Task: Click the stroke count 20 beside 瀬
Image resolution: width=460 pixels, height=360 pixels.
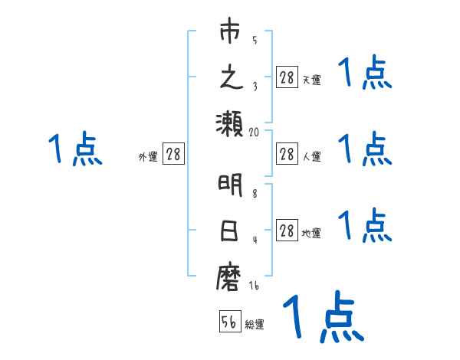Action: [x=255, y=133]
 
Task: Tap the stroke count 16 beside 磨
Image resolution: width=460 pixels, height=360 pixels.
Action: [x=255, y=286]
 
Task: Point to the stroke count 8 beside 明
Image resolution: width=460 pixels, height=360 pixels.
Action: [x=255, y=194]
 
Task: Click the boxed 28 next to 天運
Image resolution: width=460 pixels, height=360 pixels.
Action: [x=287, y=77]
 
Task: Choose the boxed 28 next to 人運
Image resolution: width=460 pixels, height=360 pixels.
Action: [x=287, y=154]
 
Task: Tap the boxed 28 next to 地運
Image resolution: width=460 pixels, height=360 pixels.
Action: [x=287, y=231]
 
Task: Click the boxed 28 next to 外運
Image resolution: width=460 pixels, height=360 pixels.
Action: [x=174, y=154]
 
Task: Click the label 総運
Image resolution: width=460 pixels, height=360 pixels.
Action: [x=255, y=325]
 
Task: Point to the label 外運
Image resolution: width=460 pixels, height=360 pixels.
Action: [x=148, y=157]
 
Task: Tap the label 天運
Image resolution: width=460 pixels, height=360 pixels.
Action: [x=311, y=80]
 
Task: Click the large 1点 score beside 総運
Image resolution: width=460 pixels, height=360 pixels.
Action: [x=322, y=318]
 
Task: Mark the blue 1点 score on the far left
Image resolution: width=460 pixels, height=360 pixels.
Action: [x=76, y=149]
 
